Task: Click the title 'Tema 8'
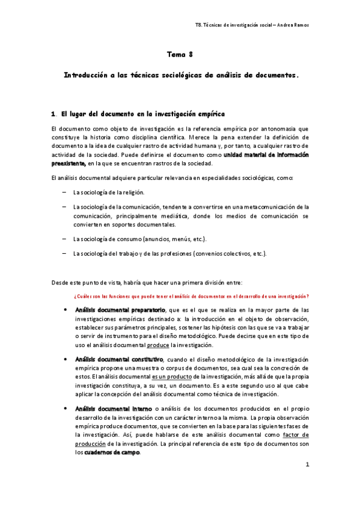(180, 55)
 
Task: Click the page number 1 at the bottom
(307, 464)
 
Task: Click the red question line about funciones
(191, 295)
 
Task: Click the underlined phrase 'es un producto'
(171, 376)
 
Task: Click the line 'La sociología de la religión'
(109, 192)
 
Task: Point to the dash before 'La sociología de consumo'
(64, 239)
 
